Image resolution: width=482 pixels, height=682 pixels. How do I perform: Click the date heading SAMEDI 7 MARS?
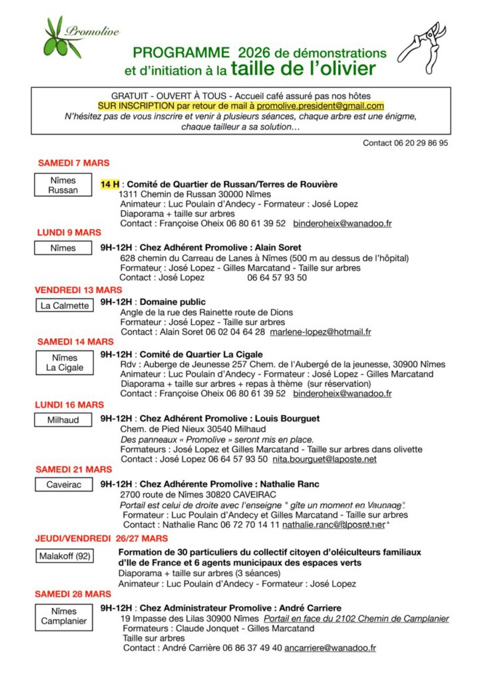click(x=73, y=163)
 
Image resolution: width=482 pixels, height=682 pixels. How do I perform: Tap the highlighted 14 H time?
click(x=110, y=184)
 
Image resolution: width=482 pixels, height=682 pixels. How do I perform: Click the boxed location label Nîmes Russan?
click(x=63, y=185)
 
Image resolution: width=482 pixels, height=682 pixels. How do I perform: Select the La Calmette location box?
click(x=65, y=306)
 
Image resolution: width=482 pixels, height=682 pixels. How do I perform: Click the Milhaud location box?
click(x=63, y=420)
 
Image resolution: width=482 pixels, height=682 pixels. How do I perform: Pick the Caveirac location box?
click(x=64, y=485)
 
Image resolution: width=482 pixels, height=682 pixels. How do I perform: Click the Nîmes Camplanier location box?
click(x=64, y=616)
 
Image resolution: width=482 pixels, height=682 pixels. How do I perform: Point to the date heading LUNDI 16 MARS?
click(x=70, y=404)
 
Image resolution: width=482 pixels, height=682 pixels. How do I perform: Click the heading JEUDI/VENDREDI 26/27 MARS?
click(x=101, y=538)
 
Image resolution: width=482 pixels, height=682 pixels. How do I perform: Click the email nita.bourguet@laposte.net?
click(x=324, y=459)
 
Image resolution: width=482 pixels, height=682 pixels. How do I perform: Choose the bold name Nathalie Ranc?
click(x=289, y=484)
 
